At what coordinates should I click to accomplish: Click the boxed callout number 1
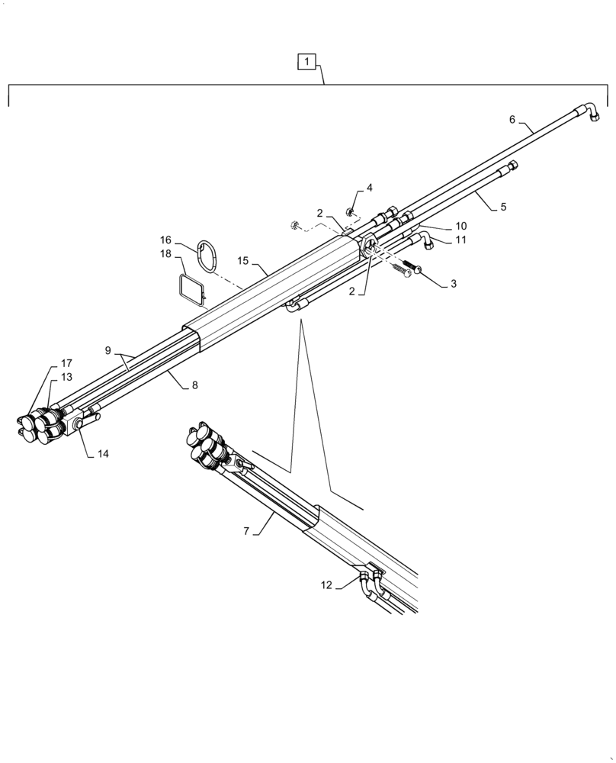pyautogui.click(x=306, y=61)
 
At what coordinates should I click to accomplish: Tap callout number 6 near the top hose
pyautogui.click(x=512, y=119)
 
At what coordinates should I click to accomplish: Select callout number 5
pyautogui.click(x=502, y=206)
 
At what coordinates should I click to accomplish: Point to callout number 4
pyautogui.click(x=369, y=188)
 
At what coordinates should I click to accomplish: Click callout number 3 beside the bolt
pyautogui.click(x=454, y=284)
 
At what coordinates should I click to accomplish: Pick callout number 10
pyautogui.click(x=460, y=226)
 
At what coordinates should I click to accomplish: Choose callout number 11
pyautogui.click(x=460, y=240)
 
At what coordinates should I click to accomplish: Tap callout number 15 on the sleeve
pyautogui.click(x=243, y=261)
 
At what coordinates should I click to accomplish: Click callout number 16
pyautogui.click(x=165, y=240)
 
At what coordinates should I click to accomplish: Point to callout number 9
pyautogui.click(x=108, y=351)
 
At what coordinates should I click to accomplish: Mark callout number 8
pyautogui.click(x=194, y=385)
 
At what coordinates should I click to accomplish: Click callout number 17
pyautogui.click(x=67, y=363)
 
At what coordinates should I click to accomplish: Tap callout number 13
pyautogui.click(x=67, y=377)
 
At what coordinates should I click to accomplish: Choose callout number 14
pyautogui.click(x=103, y=453)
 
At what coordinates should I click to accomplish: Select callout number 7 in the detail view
pyautogui.click(x=246, y=531)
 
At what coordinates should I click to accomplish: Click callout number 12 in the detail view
pyautogui.click(x=326, y=585)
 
